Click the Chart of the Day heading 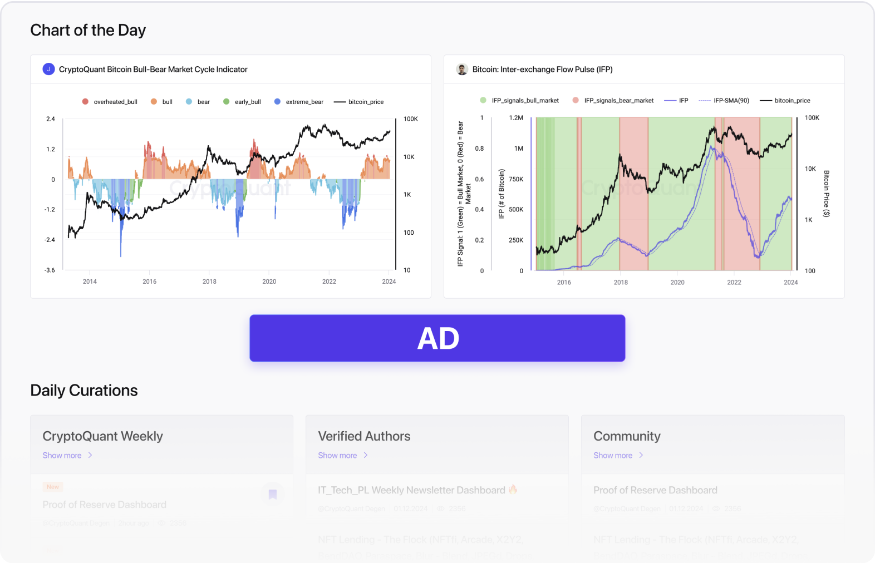pyautogui.click(x=88, y=30)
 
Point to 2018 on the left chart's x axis pyautogui.click(x=209, y=281)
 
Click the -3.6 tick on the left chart pyautogui.click(x=50, y=270)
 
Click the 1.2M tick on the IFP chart pyautogui.click(x=516, y=118)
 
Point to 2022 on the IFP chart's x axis pyautogui.click(x=734, y=283)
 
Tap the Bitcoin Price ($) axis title pyautogui.click(x=827, y=194)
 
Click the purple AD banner pyautogui.click(x=438, y=338)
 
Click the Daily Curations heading pyautogui.click(x=84, y=391)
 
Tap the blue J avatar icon pyautogui.click(x=48, y=69)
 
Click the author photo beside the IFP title pyautogui.click(x=462, y=69)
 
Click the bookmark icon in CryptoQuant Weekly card pyautogui.click(x=273, y=494)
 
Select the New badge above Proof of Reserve pyautogui.click(x=53, y=487)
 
